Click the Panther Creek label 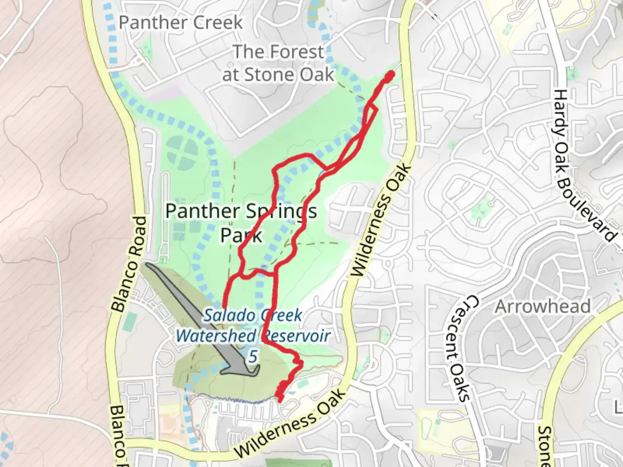[x=181, y=22]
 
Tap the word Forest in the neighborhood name [x=294, y=52]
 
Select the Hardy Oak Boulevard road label [x=584, y=166]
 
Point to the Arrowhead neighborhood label [x=543, y=307]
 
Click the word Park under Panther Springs [x=241, y=236]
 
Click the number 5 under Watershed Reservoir [x=254, y=357]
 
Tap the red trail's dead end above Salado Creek [x=225, y=306]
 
